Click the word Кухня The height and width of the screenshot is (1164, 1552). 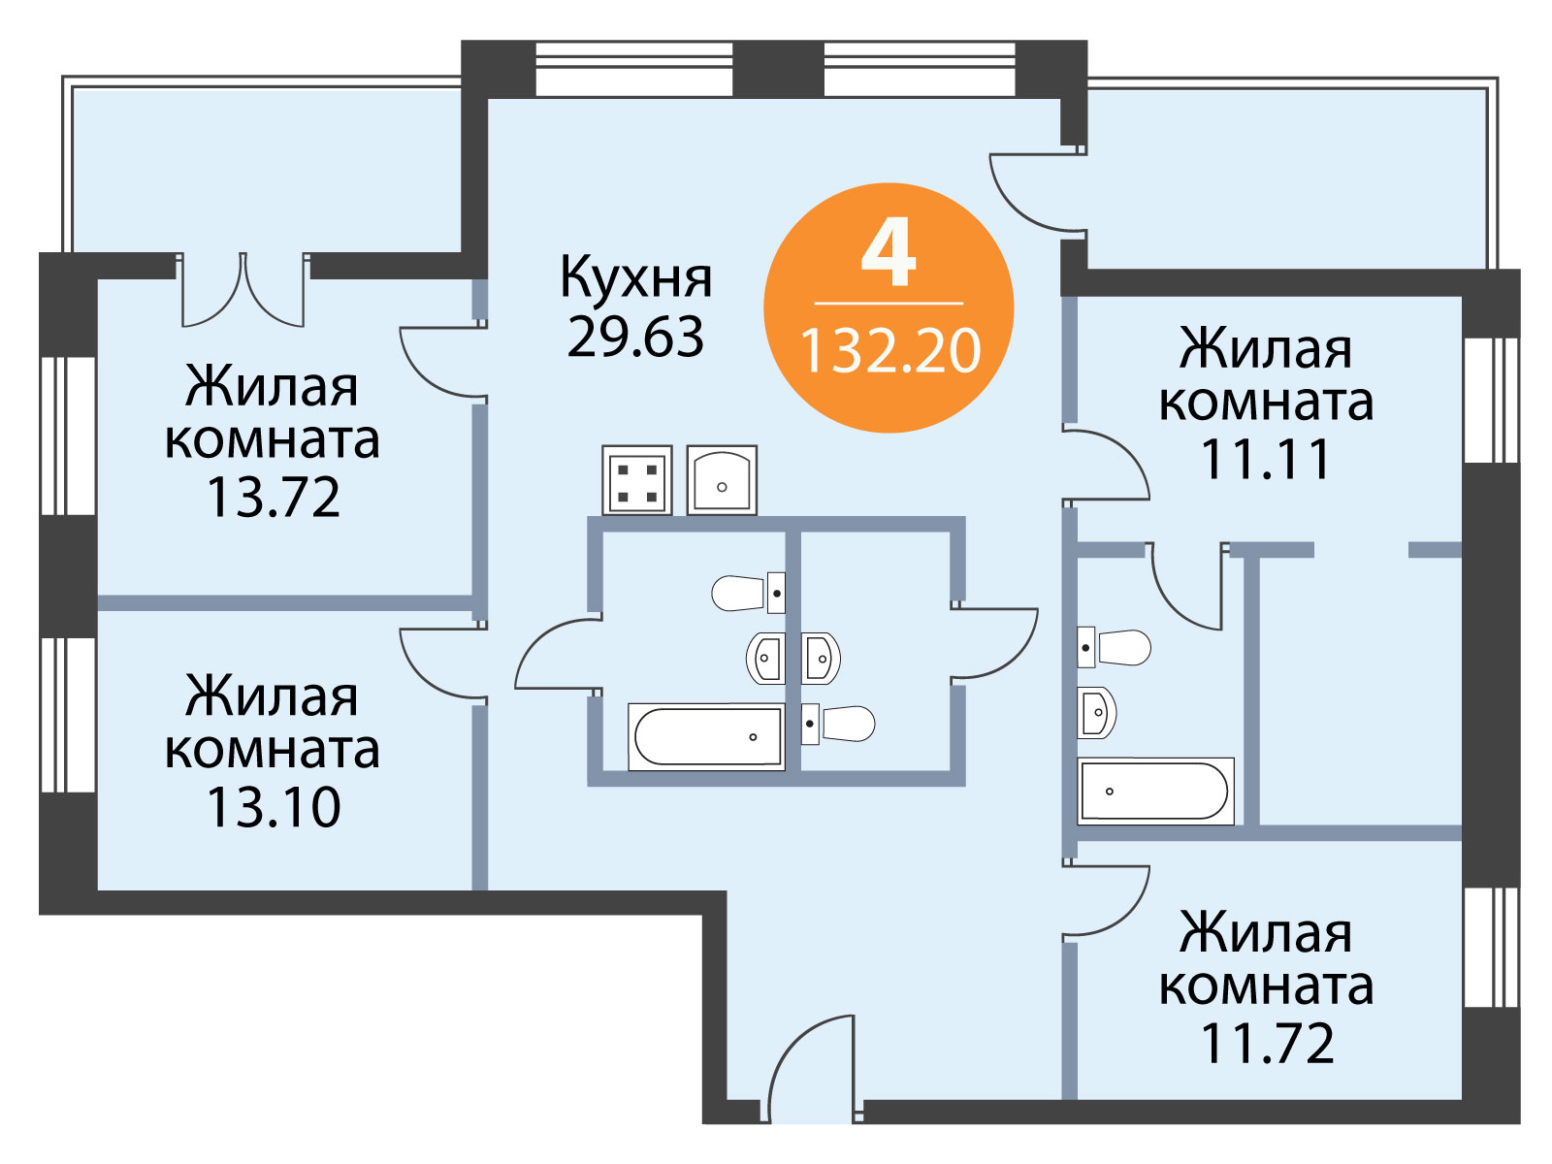point(635,277)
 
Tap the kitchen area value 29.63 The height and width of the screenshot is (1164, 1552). point(635,337)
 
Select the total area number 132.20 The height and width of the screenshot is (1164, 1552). point(890,351)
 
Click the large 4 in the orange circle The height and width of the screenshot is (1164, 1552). point(889,256)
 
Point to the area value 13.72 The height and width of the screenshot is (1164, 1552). point(273,498)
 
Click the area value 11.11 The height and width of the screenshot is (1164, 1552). point(1266,459)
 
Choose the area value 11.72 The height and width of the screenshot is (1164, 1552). point(1267,1043)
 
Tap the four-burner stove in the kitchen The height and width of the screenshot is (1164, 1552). point(636,480)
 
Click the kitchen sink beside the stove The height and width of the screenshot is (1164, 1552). point(722,479)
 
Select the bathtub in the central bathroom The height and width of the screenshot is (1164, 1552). point(706,736)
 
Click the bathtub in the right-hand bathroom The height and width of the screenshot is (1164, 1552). point(1155,792)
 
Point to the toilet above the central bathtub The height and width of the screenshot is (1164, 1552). point(748,593)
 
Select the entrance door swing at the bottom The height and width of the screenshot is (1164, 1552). point(811,1069)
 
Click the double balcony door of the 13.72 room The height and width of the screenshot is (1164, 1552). point(243,290)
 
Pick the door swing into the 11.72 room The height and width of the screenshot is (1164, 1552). point(1105,900)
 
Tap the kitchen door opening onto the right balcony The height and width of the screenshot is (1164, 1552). point(1038,192)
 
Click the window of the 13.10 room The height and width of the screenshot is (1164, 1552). point(69,715)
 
